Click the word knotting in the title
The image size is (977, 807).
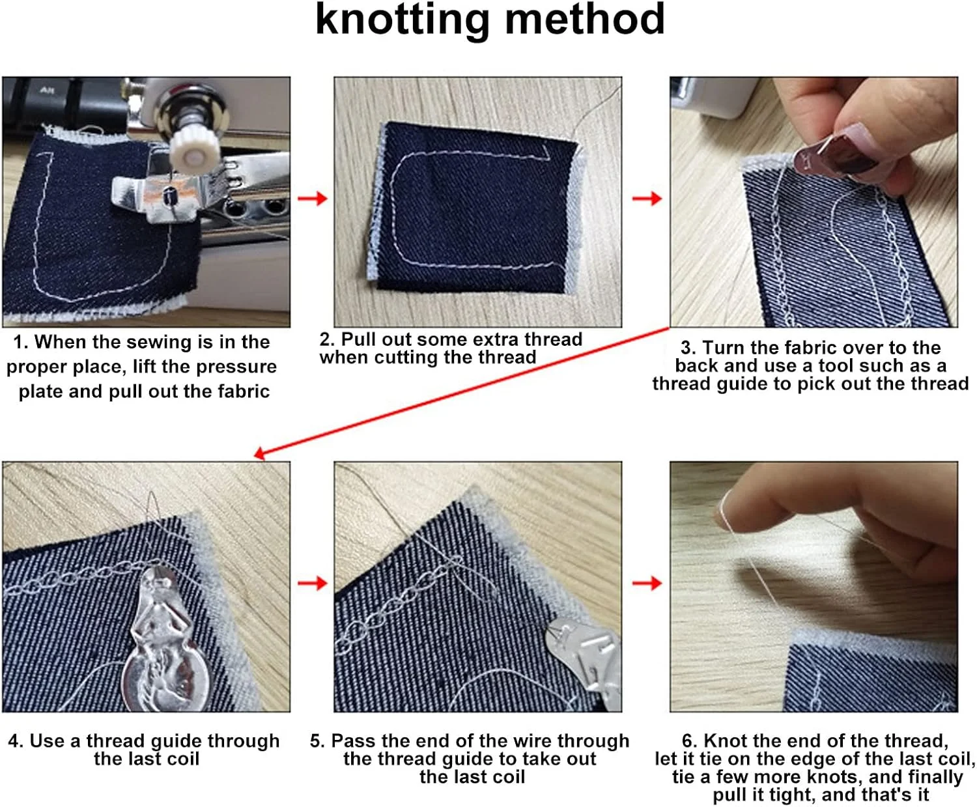(x=403, y=21)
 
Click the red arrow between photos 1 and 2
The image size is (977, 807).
(x=312, y=199)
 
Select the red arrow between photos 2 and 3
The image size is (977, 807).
(x=647, y=199)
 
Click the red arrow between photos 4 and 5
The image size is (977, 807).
(x=312, y=583)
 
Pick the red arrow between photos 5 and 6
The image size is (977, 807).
(x=647, y=583)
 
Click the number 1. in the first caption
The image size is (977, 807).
(x=21, y=342)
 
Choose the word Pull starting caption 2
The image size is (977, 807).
(x=359, y=339)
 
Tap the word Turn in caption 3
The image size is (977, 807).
(x=722, y=347)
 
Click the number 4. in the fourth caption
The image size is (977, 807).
(x=16, y=741)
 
